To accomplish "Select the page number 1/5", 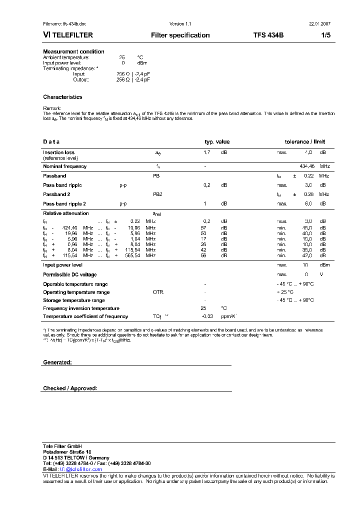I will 325,35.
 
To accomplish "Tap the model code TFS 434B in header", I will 268,35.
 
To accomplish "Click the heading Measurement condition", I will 73,51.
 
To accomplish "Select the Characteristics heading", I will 62,97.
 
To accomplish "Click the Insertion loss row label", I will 58,152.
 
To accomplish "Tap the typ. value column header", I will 217,142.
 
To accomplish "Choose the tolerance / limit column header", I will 304,142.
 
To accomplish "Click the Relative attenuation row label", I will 66,213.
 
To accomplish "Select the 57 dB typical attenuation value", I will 203,227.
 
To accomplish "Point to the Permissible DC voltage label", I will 70,274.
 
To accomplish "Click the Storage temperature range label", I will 74,300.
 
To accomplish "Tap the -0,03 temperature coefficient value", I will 207,316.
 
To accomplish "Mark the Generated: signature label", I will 57,362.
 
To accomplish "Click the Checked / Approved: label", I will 70,388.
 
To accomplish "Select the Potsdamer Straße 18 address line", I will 67,452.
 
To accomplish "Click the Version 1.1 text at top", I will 180,24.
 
